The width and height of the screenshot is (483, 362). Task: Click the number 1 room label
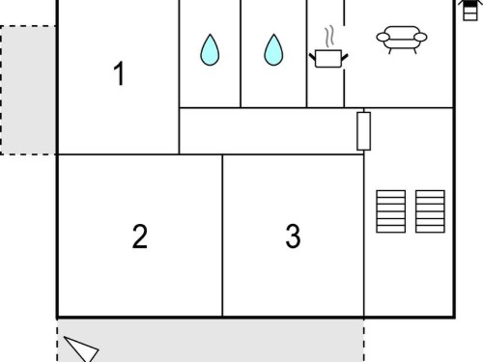coord(120,73)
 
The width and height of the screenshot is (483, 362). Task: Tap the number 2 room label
coord(140,237)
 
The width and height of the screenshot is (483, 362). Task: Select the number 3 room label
coord(293,237)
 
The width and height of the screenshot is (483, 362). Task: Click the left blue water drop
coord(210,50)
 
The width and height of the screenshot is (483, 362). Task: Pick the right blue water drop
coord(273,50)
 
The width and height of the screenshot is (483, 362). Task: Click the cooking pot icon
coord(328,58)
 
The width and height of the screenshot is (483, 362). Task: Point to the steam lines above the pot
coord(328,37)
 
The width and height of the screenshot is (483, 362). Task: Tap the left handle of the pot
coord(312,57)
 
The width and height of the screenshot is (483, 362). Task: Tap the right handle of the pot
coord(345,57)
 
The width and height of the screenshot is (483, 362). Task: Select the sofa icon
coord(402,40)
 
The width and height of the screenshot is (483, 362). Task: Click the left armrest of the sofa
coord(383,38)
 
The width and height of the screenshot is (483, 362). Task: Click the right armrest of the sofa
coord(420,38)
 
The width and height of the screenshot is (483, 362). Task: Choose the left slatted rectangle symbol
coord(391,211)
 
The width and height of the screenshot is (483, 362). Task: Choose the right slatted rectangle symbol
coord(430,211)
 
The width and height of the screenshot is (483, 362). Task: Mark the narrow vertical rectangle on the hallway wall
coord(364,131)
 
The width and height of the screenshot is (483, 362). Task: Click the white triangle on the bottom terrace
coord(81,349)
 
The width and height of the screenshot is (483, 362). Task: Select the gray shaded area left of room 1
coord(28,90)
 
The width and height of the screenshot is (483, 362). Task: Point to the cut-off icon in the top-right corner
coord(469,10)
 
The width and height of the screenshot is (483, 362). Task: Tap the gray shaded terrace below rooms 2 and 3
coord(211,341)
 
